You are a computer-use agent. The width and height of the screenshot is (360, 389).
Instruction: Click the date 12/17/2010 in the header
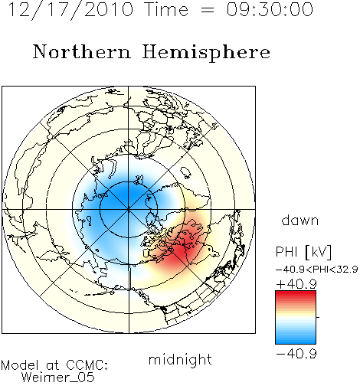70,10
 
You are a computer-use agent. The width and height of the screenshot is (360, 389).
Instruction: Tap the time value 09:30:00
270,9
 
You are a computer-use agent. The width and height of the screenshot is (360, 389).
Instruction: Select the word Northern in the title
82,51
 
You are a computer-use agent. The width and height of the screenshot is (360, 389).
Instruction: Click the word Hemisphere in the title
206,53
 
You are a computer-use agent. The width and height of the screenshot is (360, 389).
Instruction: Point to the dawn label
300,220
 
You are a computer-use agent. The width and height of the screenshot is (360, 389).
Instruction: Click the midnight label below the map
180,359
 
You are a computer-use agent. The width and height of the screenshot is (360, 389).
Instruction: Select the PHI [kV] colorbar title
303,252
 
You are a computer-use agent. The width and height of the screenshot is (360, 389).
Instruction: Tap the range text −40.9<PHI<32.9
316,270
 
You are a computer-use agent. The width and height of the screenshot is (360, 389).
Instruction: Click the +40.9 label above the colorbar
296,284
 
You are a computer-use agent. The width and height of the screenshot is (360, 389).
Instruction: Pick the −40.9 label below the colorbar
296,354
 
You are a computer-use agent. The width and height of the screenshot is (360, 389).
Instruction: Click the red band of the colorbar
296,297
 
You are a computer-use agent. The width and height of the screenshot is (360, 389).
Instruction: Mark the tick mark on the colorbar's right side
318,317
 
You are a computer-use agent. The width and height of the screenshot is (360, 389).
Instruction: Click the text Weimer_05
58,378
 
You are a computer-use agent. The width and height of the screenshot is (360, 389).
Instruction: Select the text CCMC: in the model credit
87,365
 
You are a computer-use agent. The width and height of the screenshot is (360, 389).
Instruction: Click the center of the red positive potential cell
182,249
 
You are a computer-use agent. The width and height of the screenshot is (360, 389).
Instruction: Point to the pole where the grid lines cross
129,209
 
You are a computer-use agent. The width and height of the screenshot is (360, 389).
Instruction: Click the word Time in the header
166,9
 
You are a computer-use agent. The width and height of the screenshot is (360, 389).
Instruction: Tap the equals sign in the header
207,11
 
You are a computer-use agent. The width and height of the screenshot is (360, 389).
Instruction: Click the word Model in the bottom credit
20,365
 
